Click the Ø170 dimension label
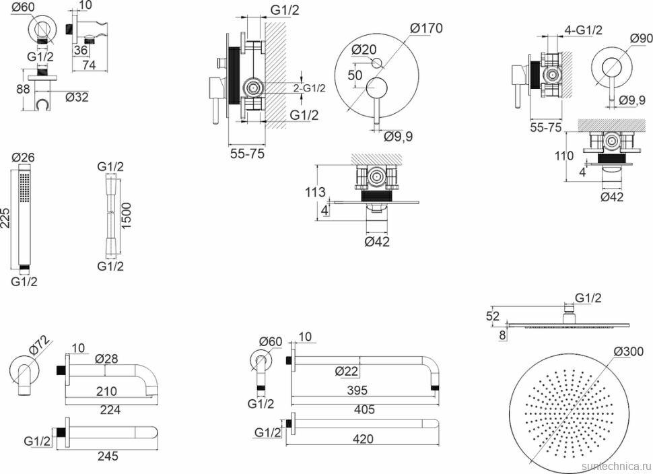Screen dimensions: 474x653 [425, 28]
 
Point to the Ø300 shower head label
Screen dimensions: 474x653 [628, 351]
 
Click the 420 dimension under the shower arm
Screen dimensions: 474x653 [364, 440]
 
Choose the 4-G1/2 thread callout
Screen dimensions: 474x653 [584, 29]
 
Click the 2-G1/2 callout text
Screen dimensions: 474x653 [309, 88]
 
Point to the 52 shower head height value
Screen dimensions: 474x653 [493, 315]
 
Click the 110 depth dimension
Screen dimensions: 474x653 [565, 156]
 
